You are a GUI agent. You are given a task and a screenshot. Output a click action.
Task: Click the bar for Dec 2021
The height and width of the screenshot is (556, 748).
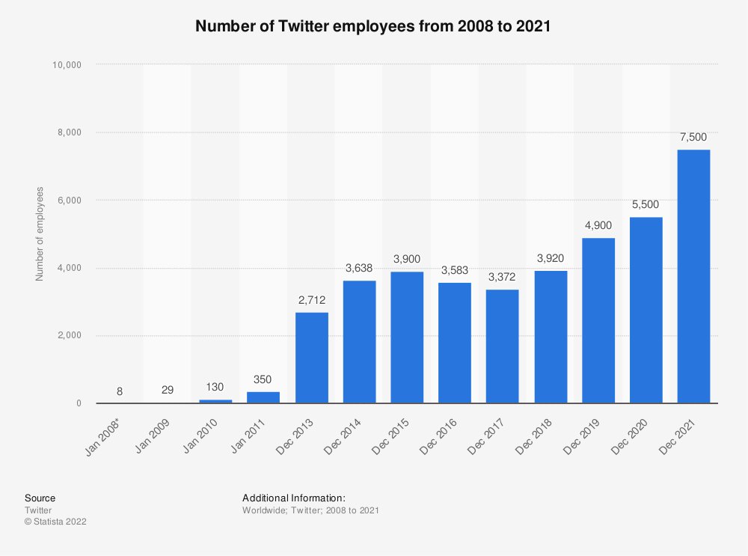(693, 276)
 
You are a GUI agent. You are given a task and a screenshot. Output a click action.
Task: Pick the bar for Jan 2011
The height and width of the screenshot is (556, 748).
(263, 397)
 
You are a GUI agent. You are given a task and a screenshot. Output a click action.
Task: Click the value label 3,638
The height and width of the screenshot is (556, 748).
(359, 267)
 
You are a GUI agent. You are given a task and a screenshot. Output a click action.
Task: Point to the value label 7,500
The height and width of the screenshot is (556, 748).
(693, 137)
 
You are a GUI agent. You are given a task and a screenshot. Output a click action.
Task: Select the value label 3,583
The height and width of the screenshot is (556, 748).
(455, 269)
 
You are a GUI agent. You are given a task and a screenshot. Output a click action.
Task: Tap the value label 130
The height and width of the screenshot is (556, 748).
(215, 388)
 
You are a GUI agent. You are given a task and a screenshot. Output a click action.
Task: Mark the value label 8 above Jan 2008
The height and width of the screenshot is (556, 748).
(120, 391)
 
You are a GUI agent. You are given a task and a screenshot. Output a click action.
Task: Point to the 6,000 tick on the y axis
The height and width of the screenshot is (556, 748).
(70, 201)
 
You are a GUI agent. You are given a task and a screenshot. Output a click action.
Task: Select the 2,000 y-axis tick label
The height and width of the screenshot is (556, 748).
(70, 336)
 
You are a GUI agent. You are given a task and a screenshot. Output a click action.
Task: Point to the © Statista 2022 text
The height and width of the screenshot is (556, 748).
(55, 522)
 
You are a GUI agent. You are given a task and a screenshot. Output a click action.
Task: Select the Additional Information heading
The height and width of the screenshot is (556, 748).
(293, 498)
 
